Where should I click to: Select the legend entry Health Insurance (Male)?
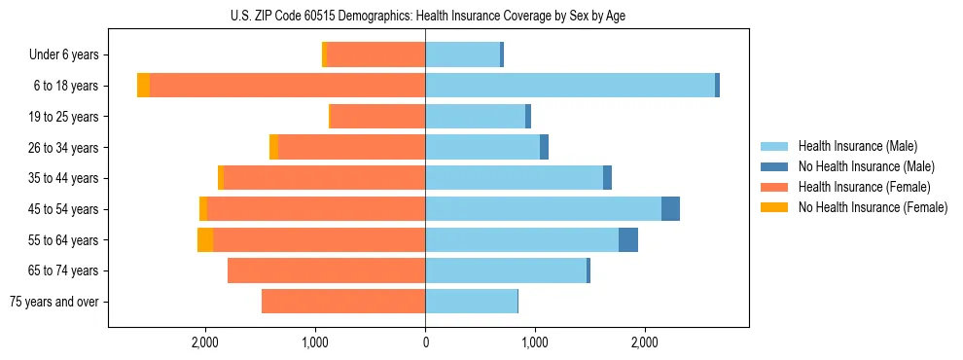click(x=857, y=146)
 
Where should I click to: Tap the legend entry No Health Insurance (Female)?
click(x=873, y=207)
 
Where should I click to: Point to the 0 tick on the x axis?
click(x=425, y=342)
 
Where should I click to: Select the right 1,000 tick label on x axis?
click(x=535, y=342)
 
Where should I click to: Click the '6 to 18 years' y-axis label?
click(x=66, y=86)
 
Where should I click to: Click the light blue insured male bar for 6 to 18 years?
click(x=569, y=86)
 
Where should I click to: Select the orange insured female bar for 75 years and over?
click(x=343, y=302)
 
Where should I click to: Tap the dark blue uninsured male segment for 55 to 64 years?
click(x=628, y=239)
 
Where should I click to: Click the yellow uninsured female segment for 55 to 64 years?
click(x=205, y=239)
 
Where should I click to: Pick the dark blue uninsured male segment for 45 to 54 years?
click(x=670, y=209)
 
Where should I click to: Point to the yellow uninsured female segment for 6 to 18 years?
click(x=143, y=86)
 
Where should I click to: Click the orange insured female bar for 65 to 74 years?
click(x=326, y=270)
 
